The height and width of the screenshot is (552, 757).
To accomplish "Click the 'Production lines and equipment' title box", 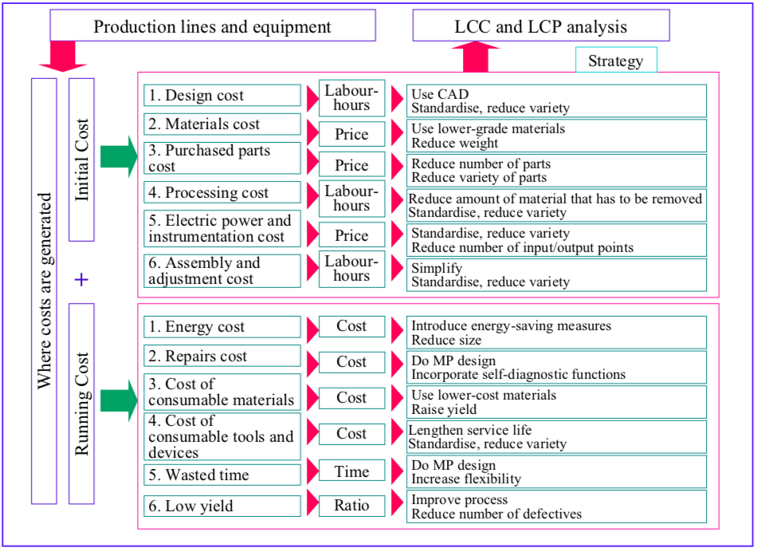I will pos(212,26).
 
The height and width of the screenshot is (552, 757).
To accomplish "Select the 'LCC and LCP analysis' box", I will pos(540,26).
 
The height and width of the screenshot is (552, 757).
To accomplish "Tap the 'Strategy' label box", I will pos(615,61).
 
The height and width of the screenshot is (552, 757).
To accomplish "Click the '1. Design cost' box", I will pos(222,95).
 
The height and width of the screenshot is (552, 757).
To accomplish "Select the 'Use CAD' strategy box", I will pos(556,101).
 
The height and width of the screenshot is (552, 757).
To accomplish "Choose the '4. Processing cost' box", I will pos(222,192).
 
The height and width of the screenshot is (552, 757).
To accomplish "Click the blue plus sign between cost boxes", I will pos(80,279).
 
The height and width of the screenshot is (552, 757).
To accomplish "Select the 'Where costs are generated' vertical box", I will pos(44,290).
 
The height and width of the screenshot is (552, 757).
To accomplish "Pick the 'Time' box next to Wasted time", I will pos(351,471).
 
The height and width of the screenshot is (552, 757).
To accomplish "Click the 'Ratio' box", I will pos(351,505).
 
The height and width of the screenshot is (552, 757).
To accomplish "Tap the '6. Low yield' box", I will pos(222,506).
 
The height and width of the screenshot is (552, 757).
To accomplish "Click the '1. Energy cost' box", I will pos(222,326).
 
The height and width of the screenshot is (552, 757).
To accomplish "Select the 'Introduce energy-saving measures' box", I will pos(556,333).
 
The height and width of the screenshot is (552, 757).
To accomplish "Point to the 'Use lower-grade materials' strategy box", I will pos(556,136).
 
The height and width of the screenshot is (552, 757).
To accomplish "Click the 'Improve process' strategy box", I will pos(556,507).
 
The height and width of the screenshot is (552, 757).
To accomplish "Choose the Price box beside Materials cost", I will pos(351,134).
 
